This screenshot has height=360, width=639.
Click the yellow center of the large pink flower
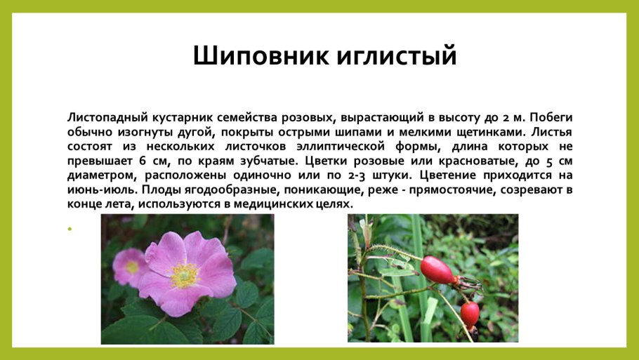tap(183, 274)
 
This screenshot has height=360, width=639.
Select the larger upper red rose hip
tap(438, 270)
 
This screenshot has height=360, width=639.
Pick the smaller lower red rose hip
tap(470, 312)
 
